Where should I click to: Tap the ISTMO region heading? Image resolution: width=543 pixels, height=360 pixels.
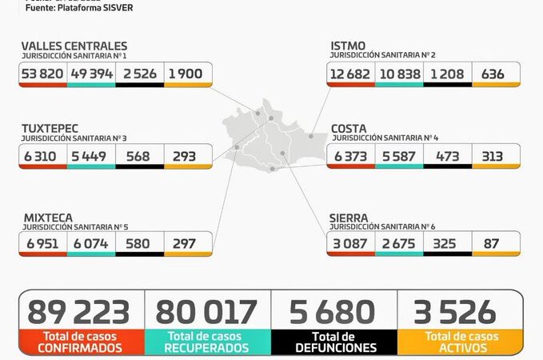coord(349,46)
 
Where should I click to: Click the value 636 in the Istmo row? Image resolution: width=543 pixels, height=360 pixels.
coord(496,74)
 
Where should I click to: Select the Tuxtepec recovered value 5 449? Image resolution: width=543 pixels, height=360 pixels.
coord(91,156)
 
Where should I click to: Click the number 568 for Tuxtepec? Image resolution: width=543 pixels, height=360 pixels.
coord(139,156)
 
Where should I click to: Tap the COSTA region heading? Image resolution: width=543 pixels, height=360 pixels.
coord(349,128)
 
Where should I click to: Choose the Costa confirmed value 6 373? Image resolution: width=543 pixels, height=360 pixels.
coord(352,156)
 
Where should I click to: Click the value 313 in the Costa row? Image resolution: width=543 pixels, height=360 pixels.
coord(496,156)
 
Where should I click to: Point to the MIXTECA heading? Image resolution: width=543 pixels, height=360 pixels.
coord(47,217)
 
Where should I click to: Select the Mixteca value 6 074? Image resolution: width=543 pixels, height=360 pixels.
coord(91,243)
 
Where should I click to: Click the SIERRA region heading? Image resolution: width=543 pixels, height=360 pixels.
coord(349,217)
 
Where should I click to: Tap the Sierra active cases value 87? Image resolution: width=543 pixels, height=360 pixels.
coord(496,243)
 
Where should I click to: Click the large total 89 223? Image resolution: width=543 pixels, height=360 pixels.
coord(78,312)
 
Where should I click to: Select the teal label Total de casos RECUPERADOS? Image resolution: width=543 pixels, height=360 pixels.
coord(207,342)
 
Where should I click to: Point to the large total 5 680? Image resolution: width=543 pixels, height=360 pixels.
coord(334,312)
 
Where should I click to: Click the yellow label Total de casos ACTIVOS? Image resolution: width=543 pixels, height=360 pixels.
coord(461,342)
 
